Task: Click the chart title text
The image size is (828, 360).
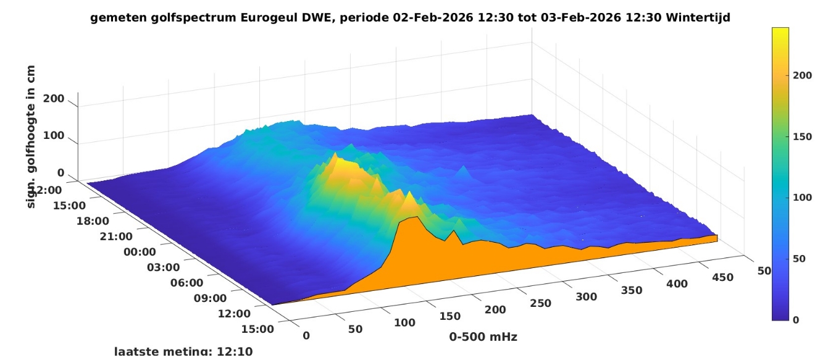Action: tap(410, 18)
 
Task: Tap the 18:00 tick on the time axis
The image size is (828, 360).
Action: tap(93, 221)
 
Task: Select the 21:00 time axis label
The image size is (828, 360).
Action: tap(117, 237)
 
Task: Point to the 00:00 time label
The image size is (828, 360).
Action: tap(140, 252)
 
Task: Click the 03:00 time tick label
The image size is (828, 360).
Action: tap(164, 267)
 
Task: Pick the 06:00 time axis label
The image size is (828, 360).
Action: tap(187, 283)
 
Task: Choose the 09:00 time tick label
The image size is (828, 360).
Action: tap(211, 298)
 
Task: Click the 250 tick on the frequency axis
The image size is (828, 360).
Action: tap(541, 303)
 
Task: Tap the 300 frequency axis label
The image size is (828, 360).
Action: tap(586, 296)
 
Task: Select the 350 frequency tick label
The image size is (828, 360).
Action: tap(630, 290)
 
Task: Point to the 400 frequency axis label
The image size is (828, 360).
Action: tap(677, 283)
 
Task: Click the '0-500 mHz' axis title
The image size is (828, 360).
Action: tap(483, 337)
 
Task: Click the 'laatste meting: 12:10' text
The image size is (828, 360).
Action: tap(183, 352)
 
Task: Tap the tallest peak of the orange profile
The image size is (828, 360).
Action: tap(417, 217)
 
